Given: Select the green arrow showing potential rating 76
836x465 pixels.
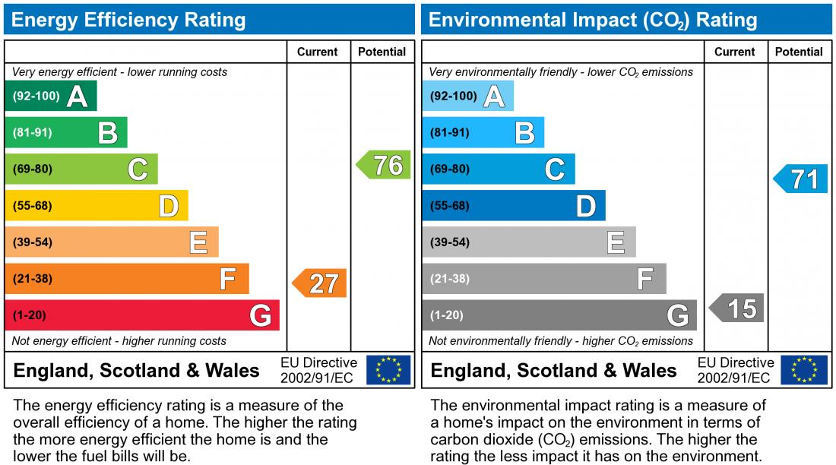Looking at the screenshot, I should pos(385,165).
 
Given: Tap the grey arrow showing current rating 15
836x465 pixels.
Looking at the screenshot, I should pos(737,308).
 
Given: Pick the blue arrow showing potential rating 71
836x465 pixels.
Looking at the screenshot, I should pos(801,179).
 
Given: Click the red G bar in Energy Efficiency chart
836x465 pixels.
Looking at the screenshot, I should pos(142,315).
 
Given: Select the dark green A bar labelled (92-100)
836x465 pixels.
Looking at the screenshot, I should pos(51,96).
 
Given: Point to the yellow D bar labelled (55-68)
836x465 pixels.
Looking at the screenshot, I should pos(97,206).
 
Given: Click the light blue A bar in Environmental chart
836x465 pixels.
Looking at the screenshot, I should pos(467,96).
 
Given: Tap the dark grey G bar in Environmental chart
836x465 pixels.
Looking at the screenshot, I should pos(559,315).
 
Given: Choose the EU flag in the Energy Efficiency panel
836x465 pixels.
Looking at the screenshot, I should pos(388,370).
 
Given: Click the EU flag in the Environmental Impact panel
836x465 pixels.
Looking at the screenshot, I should pos(805,370).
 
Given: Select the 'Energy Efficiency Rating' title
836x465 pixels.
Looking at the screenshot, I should pos(128,20).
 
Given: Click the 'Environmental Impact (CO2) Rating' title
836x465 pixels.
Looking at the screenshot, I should pos(593,20).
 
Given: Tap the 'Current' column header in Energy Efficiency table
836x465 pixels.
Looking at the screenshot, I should pos(317,52).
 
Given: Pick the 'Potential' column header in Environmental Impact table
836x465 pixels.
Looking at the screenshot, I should pos(799,52).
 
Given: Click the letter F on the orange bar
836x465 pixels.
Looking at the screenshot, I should pos(226,280).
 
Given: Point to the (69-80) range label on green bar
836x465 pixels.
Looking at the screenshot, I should pos(33,169).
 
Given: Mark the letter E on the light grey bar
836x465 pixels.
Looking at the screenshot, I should pos(616,243).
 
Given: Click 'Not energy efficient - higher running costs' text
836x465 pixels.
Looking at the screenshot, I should pos(119,341).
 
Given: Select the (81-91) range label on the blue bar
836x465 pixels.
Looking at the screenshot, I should pos(450,133).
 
